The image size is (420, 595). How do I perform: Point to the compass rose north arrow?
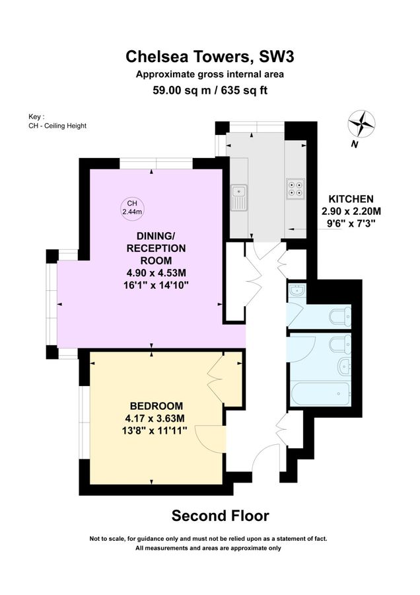[362, 124]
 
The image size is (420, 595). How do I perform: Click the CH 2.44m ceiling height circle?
[132, 207]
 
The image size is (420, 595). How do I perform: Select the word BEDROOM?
[157, 405]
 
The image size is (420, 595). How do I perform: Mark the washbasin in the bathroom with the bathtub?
[343, 366]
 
